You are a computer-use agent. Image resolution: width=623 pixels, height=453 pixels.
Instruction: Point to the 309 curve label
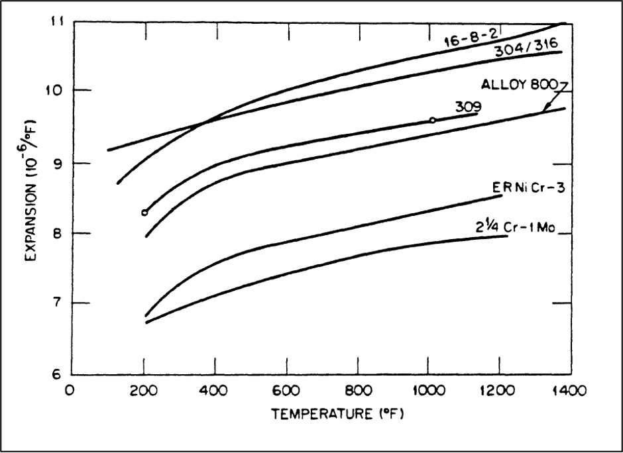(468, 106)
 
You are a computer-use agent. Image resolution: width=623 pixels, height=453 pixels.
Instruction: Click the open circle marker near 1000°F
(432, 120)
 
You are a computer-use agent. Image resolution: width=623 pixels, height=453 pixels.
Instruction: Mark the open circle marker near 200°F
(144, 213)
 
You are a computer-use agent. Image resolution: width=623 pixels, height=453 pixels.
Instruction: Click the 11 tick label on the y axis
(58, 21)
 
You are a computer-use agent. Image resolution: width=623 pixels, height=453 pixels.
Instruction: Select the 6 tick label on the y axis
(58, 374)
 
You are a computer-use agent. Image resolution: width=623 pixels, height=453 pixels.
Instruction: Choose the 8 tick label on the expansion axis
(58, 233)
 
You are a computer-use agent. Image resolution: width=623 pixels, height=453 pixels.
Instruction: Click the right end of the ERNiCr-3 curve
(500, 195)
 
